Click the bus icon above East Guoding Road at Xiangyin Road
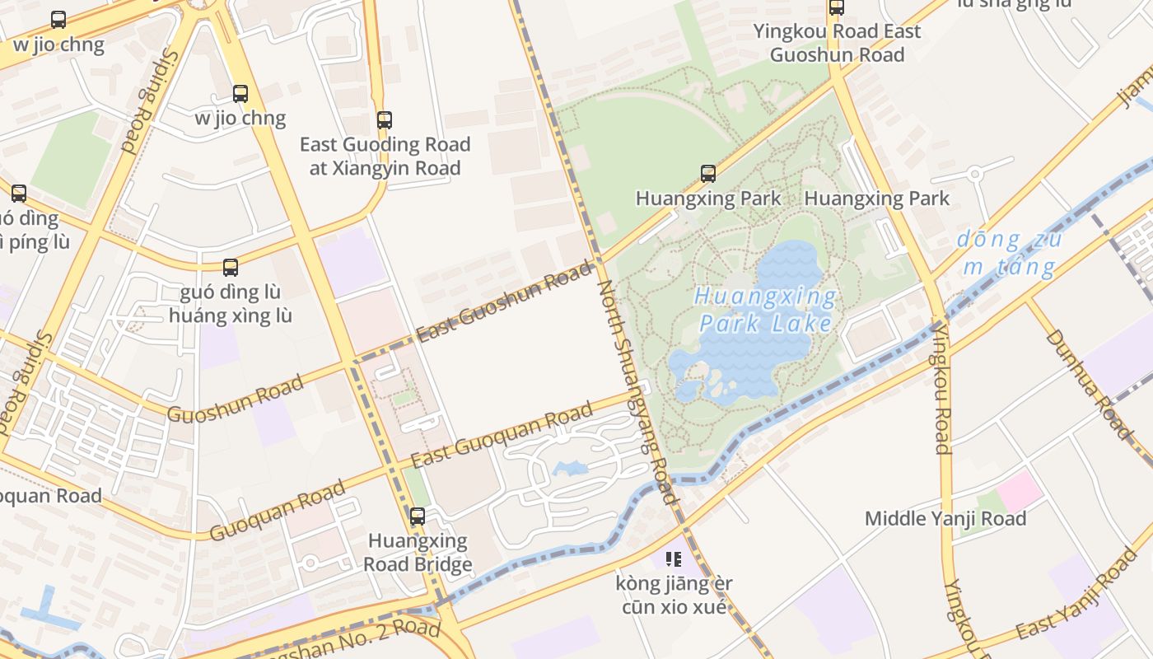pos(384,120)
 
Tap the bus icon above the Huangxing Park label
pos(708,174)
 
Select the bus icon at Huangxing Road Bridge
pos(418,516)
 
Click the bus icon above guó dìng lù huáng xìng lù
pos(231,268)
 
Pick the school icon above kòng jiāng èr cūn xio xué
pos(674,560)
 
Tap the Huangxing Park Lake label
pos(766,309)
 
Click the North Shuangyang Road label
pos(636,391)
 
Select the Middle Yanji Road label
pos(945,519)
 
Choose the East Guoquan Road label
pos(502,434)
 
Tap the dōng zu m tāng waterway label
pos(1010,253)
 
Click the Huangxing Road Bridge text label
pos(418,553)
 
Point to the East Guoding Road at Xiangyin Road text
pos(385,157)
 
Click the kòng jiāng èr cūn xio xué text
pos(675,596)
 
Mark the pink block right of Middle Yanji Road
pos(1020,491)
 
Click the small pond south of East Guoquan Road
pos(570,469)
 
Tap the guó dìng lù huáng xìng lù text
pos(231,304)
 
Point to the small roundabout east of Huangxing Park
pos(976,174)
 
